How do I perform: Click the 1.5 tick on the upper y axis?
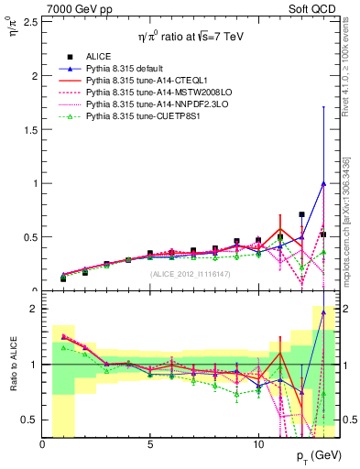tap(30, 129)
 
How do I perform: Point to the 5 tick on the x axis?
tap(150, 444)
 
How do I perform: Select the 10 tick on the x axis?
tap(258, 444)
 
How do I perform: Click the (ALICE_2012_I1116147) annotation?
tap(191, 275)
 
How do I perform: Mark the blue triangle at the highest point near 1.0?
tap(323, 183)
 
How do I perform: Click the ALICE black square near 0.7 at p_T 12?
tap(301, 215)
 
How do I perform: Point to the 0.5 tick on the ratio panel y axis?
tap(30, 420)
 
